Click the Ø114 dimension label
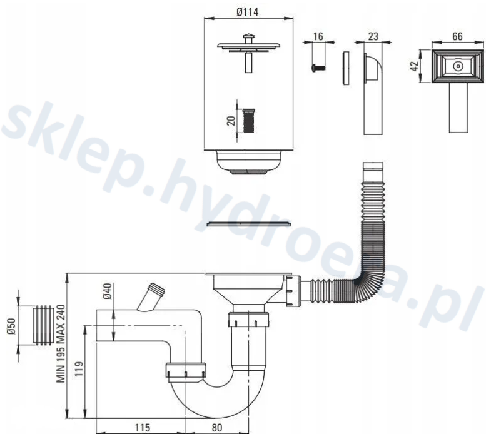[247, 12]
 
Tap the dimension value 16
[318, 36]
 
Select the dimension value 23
[373, 36]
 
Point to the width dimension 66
[457, 36]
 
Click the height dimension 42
[415, 66]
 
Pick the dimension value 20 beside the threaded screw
[231, 121]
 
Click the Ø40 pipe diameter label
[108, 291]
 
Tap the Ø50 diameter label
[11, 326]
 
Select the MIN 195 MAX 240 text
[61, 344]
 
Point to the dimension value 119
[79, 368]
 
